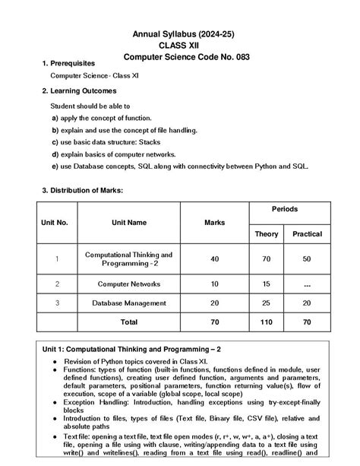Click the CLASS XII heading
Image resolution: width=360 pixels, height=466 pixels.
click(x=181, y=46)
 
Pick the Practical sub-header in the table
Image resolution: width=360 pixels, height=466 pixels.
click(x=307, y=233)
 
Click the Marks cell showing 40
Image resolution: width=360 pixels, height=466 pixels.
click(x=214, y=259)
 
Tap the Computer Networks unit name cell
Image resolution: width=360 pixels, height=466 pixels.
click(x=128, y=284)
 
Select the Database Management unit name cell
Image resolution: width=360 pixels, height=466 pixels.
click(x=128, y=303)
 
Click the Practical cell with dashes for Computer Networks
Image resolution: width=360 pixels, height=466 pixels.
click(x=307, y=284)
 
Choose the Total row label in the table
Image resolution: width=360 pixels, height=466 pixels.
click(x=128, y=322)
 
